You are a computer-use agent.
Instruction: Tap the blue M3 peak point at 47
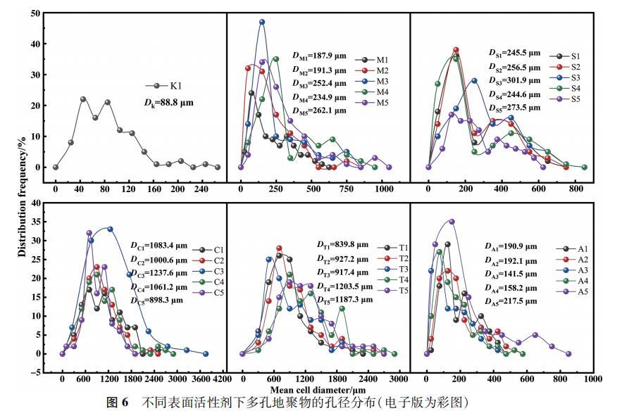[x=262, y=22]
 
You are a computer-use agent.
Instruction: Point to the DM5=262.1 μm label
[x=319, y=110]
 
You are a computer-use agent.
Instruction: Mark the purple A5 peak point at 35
[x=452, y=222]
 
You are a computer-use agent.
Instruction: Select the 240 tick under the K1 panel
[x=201, y=189]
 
